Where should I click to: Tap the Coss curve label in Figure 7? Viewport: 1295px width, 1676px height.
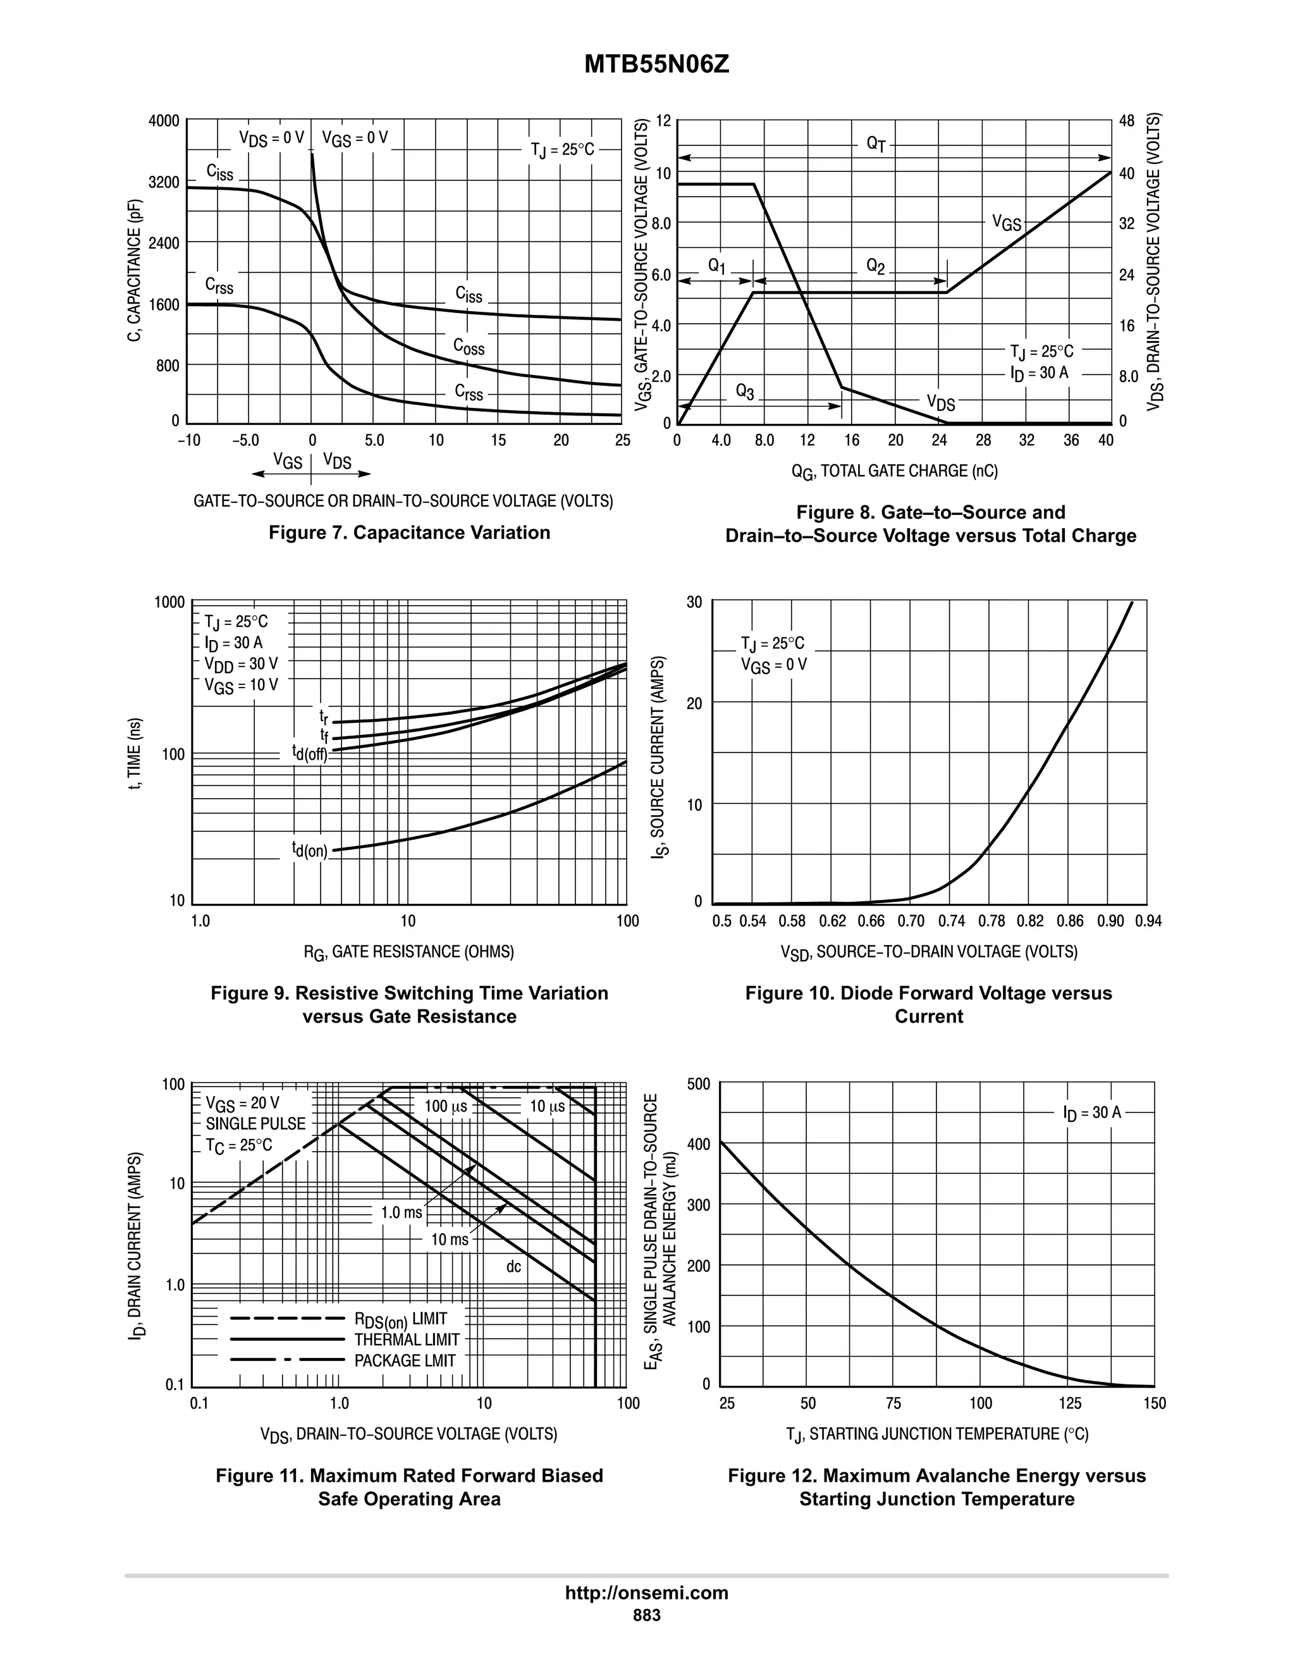coord(469,347)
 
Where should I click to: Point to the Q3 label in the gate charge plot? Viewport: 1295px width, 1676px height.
coord(745,391)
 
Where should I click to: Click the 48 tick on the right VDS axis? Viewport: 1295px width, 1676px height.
coord(1126,121)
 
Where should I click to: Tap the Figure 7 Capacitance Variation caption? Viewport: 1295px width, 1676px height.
coord(409,533)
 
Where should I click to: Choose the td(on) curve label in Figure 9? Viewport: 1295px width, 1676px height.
coord(310,849)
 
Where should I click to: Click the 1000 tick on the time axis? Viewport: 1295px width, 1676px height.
coord(169,601)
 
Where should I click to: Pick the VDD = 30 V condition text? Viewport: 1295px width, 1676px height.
coord(241,664)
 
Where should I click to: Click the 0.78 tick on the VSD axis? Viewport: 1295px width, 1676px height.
coord(991,921)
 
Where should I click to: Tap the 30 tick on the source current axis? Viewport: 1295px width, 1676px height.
coord(694,601)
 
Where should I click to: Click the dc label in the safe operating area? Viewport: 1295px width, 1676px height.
coord(513,1266)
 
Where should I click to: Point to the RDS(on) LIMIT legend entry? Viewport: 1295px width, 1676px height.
coord(400,1319)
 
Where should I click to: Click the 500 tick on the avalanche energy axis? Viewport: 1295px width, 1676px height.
coord(698,1084)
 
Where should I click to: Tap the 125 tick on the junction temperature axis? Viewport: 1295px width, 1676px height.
coord(1069,1403)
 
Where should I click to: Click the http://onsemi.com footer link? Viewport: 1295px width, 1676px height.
coord(647,1593)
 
